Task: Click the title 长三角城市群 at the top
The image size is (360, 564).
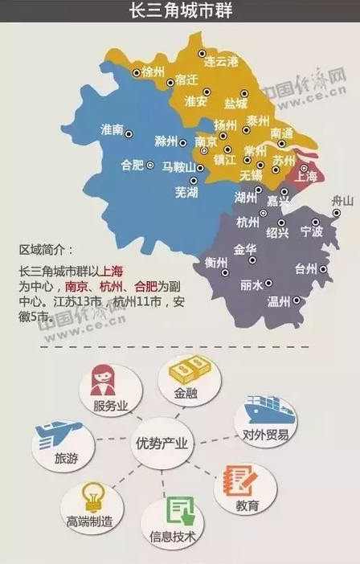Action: (x=180, y=12)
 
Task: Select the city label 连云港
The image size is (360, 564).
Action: (x=221, y=61)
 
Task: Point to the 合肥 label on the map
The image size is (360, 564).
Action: (x=131, y=166)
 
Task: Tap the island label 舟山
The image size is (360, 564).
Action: (x=342, y=200)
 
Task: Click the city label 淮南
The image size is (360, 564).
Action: (x=112, y=129)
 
